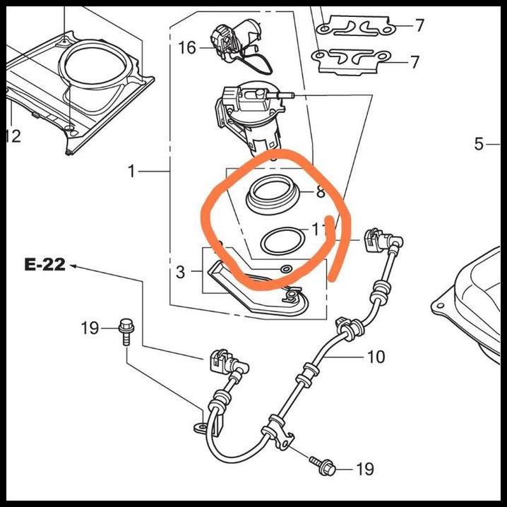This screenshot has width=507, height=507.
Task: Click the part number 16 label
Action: pos(187,48)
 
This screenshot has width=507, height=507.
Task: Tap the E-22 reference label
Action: pos(44,265)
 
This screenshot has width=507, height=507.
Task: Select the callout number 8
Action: pos(321,191)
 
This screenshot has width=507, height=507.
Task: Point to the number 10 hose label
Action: pos(376,357)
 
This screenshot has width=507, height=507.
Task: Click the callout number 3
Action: pos(180,272)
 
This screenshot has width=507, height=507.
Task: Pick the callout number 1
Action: pos(131,171)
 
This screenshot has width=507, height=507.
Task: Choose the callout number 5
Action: pos(479,145)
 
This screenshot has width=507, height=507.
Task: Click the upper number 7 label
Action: pos(419,26)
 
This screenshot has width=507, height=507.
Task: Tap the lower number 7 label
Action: pos(415,62)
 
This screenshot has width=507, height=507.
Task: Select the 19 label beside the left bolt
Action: pos(90,328)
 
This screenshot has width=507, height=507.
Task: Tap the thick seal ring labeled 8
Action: pos(272,193)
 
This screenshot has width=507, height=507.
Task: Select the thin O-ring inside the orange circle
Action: pos(280,241)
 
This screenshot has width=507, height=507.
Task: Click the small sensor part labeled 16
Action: pos(237,35)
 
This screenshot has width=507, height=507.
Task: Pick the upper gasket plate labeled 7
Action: pos(356,27)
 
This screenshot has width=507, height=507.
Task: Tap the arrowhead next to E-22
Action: pos(73,266)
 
